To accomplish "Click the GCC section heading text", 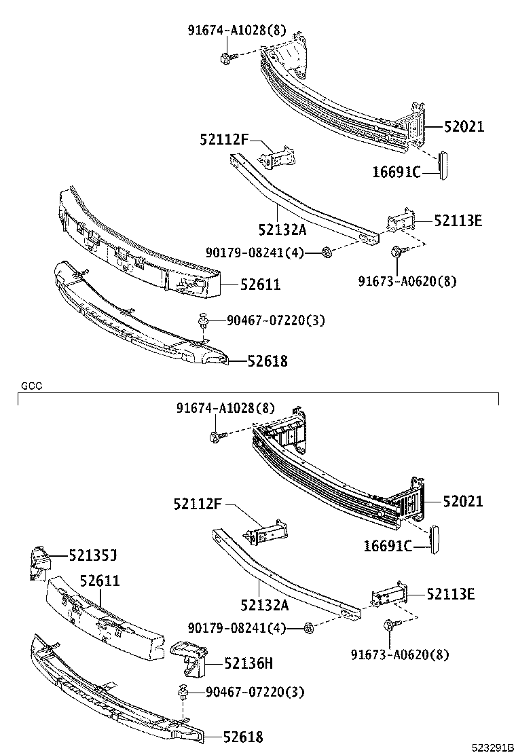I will click(x=31, y=386).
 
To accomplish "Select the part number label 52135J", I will click(x=92, y=556).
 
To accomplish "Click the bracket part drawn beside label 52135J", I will click(x=39, y=562).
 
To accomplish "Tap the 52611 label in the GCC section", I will click(x=100, y=581).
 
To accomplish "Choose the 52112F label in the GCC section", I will click(x=198, y=504).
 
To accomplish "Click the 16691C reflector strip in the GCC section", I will click(x=435, y=539).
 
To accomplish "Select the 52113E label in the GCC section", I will click(x=451, y=595).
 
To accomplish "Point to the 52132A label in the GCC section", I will click(x=264, y=605).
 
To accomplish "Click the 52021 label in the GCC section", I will click(x=463, y=502).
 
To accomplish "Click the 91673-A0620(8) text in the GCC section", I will click(x=400, y=655).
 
